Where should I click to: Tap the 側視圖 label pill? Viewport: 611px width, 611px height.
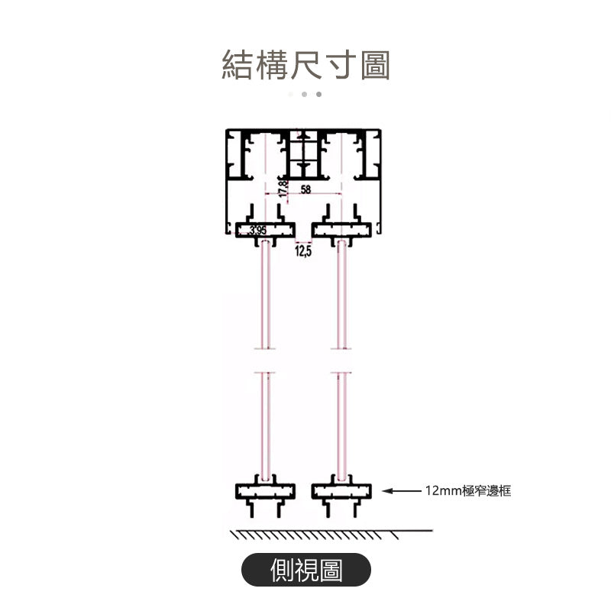click(x=306, y=570)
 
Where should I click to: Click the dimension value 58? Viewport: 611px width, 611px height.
click(x=306, y=189)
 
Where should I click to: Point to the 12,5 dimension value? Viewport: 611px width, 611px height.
click(x=303, y=251)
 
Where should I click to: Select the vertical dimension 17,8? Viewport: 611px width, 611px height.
click(x=283, y=189)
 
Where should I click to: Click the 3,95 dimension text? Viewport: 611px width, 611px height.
click(x=257, y=230)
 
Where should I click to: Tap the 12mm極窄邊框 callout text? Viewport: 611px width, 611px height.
click(x=467, y=491)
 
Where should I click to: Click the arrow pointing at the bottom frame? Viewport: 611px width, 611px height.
click(x=400, y=491)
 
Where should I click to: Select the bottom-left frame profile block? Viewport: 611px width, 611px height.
click(x=265, y=490)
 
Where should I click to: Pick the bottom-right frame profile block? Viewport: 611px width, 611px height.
click(x=341, y=490)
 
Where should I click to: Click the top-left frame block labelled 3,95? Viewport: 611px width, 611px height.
click(x=265, y=230)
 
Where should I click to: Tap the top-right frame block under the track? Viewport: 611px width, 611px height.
click(x=342, y=230)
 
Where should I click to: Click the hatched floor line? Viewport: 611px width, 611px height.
click(x=331, y=534)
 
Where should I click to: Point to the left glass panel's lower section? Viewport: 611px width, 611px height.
click(x=265, y=424)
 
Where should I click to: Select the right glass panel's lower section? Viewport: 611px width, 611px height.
click(x=341, y=424)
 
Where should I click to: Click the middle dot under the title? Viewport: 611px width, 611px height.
click(x=304, y=95)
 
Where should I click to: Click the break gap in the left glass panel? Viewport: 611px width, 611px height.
click(x=265, y=361)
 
